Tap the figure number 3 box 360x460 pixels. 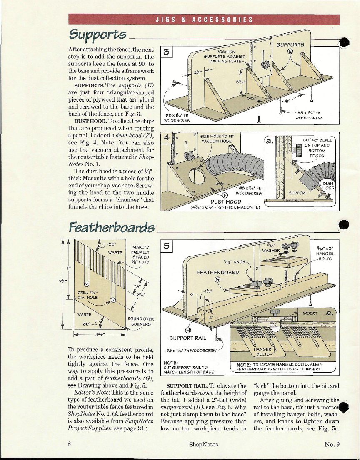pyautogui.click(x=166, y=52)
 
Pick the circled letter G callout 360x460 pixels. pyautogui.click(x=217, y=279)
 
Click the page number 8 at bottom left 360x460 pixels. pyautogui.click(x=69, y=444)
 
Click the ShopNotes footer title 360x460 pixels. pyautogui.click(x=203, y=444)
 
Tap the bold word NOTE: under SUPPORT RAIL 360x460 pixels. pyautogui.click(x=172, y=362)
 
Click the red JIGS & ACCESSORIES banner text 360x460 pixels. pyautogui.click(x=204, y=20)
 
